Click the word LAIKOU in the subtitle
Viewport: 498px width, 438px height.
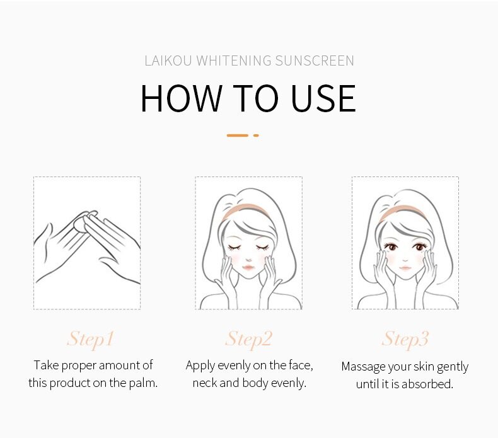(168, 61)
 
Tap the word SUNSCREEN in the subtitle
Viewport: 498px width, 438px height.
(315, 61)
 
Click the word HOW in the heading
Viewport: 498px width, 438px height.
(181, 98)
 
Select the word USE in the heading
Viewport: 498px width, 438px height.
(323, 98)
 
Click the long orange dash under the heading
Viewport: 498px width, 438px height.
(237, 135)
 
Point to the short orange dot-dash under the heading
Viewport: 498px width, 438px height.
(256, 135)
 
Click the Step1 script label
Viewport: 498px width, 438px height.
(90, 339)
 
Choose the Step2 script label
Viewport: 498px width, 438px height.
(248, 339)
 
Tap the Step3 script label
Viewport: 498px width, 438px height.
(405, 339)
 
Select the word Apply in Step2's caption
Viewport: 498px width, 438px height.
(200, 366)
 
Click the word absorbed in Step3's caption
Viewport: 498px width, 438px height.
(427, 384)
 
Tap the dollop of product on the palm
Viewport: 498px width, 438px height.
(79, 224)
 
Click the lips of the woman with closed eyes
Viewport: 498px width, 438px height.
(248, 267)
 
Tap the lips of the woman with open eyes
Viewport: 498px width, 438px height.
(405, 267)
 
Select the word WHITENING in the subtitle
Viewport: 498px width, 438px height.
(234, 61)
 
